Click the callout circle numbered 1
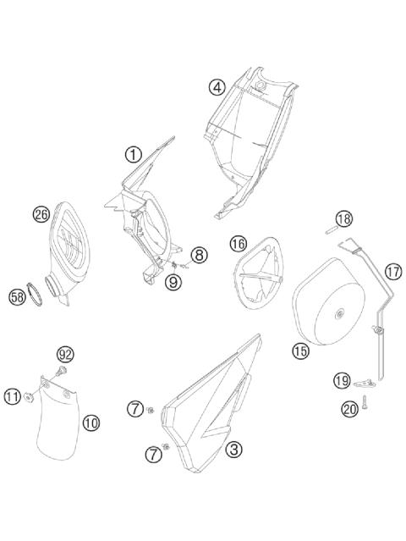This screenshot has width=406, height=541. point(133,154)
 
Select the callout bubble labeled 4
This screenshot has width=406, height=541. point(217,86)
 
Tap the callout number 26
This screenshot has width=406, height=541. point(41,214)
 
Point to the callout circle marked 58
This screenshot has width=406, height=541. point(17,297)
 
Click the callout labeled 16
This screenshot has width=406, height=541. point(239,244)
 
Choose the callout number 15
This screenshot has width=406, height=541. point(300,350)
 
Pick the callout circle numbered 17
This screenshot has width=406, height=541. point(393,272)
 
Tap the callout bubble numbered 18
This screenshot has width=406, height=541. point(343,219)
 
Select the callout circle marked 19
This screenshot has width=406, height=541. point(341,381)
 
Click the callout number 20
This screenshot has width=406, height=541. point(349,409)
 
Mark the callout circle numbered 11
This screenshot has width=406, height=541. point(12,395)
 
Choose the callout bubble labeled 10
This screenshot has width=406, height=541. point(91,422)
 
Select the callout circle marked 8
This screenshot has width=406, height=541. point(198,254)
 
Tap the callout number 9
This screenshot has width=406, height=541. point(173,282)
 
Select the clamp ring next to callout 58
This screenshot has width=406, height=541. point(38,293)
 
